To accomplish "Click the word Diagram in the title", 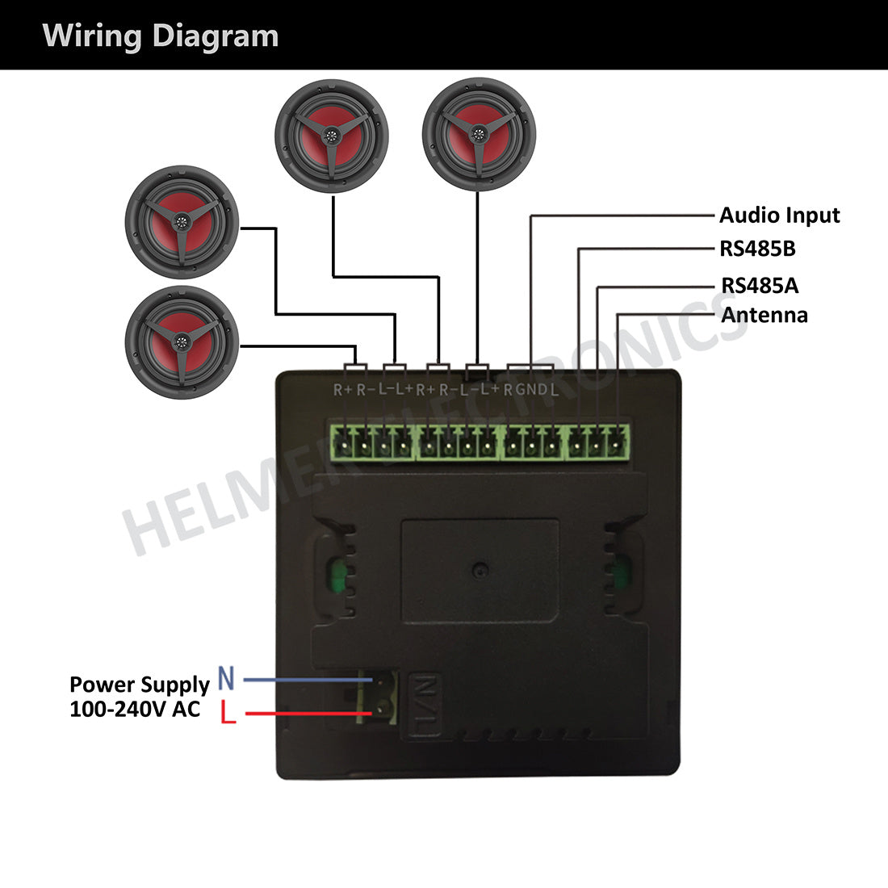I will click(x=216, y=36).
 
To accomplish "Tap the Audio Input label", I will click(x=779, y=216).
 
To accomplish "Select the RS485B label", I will click(x=757, y=249).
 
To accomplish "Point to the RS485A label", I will click(x=760, y=285).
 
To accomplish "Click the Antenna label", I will click(x=764, y=315).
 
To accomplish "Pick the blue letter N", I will click(x=226, y=680).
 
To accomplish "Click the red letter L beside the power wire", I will click(x=228, y=713).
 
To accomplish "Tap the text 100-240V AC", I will click(x=135, y=710).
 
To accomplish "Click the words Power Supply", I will click(x=139, y=685).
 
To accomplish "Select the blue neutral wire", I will click(x=299, y=681).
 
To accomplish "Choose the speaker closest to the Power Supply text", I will click(x=182, y=341).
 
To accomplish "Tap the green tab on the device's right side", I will click(x=621, y=573).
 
